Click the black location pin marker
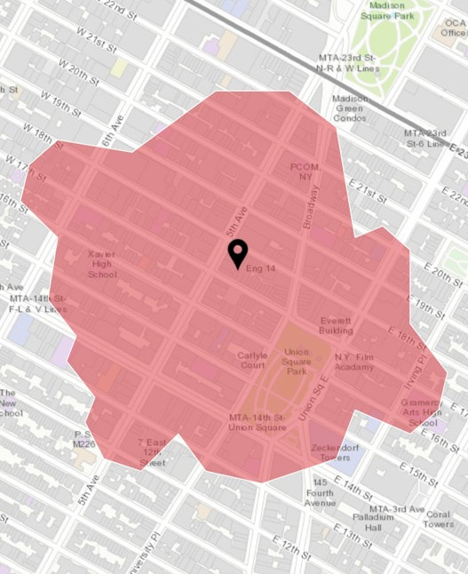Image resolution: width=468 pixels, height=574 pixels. point(237,253)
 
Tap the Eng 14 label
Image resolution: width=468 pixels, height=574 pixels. point(260,268)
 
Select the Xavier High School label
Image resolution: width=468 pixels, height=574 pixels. point(102,265)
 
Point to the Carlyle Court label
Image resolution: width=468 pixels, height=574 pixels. point(251,361)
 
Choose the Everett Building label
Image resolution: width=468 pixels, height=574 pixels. point(336,325)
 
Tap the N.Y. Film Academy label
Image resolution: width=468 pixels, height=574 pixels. point(354,363)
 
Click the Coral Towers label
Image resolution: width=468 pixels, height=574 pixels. point(438,519)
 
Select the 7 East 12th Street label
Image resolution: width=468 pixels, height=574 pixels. point(152,452)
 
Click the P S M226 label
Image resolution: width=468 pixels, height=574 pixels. point(83,439)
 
